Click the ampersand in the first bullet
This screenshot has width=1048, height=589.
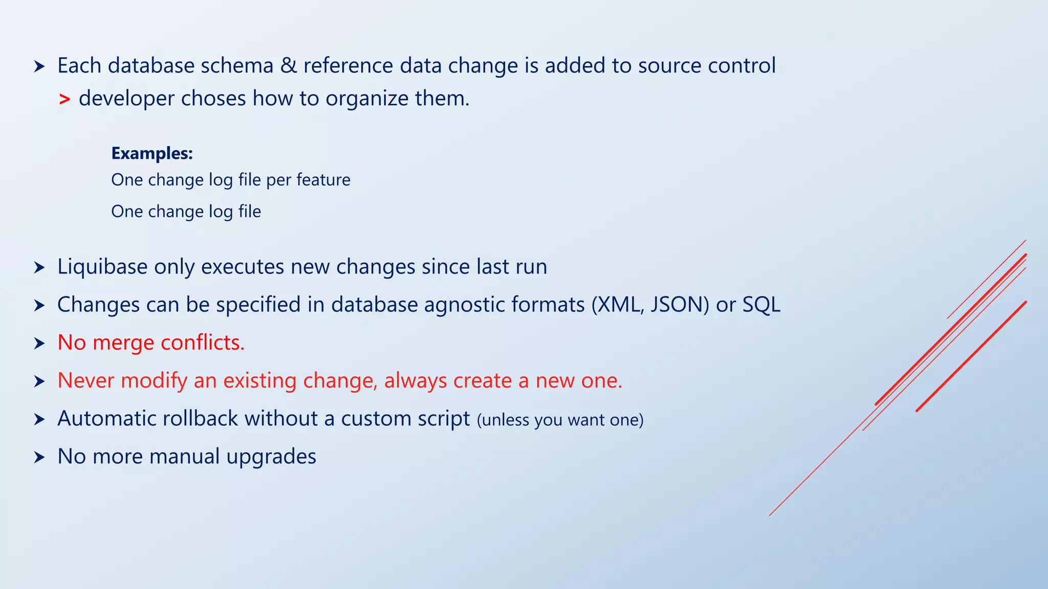pos(289,66)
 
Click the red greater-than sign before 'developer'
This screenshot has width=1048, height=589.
pos(64,99)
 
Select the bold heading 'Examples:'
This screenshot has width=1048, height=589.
pos(152,153)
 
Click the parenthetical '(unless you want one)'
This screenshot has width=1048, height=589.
pos(560,420)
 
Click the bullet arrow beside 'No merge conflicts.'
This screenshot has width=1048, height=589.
pos(39,344)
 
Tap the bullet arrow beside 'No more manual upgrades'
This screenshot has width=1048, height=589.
pos(39,457)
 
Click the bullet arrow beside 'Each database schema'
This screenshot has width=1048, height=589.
pos(39,66)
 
